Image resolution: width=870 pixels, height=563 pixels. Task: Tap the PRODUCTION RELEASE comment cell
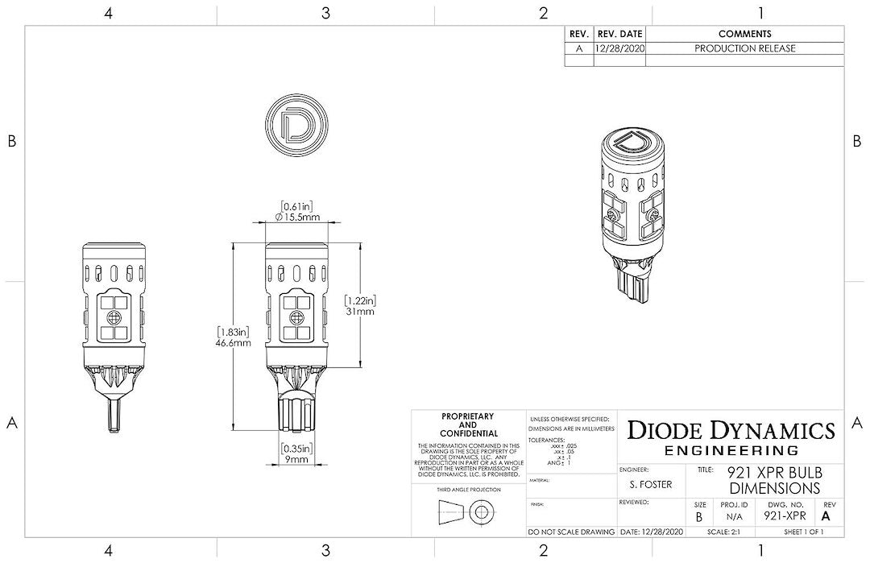tap(744, 48)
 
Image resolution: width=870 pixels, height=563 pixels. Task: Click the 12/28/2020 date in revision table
tap(619, 48)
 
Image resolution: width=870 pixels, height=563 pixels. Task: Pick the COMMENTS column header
tap(744, 34)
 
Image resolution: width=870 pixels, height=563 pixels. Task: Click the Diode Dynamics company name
tap(731, 429)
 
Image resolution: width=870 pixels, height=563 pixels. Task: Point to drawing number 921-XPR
tap(785, 516)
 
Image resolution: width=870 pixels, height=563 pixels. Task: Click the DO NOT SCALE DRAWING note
tap(571, 532)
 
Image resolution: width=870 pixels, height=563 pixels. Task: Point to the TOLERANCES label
tap(547, 441)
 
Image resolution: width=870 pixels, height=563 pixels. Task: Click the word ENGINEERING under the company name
tap(731, 450)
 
